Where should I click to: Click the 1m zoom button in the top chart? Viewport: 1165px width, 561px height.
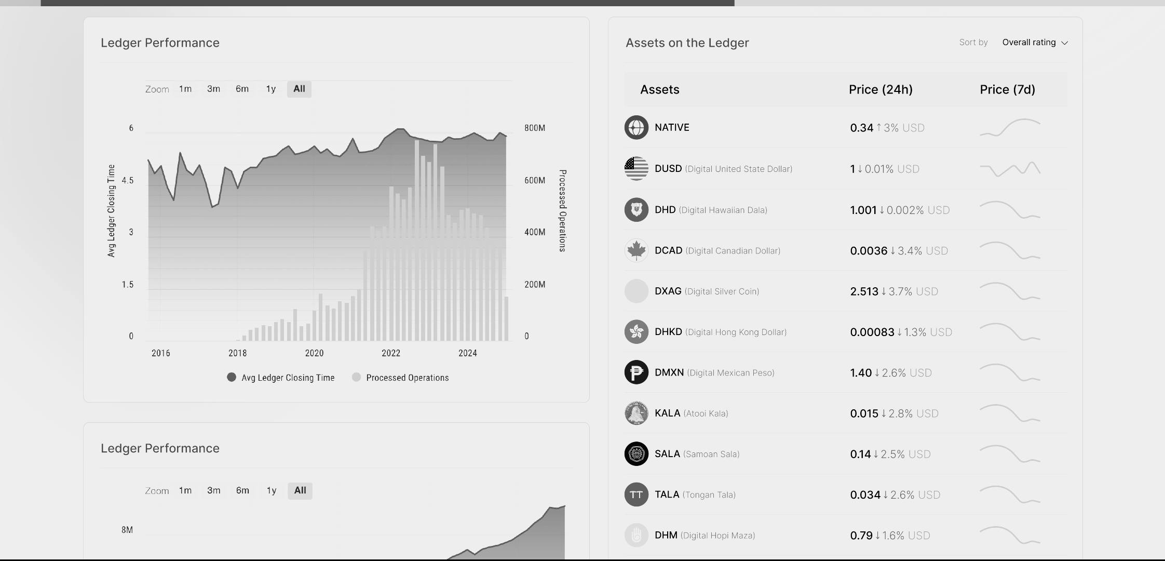pos(185,89)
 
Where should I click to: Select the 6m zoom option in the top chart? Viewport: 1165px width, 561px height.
pos(242,89)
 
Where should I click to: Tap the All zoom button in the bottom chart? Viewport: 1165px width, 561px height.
pos(300,490)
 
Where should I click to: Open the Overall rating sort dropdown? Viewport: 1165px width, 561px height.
pos(1034,43)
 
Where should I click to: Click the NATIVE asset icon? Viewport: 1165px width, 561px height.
pos(636,127)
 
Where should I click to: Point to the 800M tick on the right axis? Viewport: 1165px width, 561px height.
pos(534,128)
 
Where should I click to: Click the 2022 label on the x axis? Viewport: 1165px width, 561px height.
pos(391,353)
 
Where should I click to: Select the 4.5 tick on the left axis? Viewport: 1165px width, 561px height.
pos(128,180)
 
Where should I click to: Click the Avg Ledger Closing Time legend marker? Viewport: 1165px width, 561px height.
pos(232,377)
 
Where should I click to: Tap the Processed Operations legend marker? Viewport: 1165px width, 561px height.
pos(356,377)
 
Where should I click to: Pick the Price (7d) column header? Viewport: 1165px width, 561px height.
pos(1007,89)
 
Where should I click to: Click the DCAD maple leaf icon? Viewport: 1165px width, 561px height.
pos(636,250)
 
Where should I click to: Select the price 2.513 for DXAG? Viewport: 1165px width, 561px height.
pos(864,291)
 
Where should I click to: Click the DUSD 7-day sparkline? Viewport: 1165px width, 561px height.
pos(1010,169)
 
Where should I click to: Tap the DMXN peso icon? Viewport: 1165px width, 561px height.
pos(636,372)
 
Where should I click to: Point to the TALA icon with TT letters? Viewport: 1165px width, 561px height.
pos(636,495)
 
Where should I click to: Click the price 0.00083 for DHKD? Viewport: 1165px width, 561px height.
pos(872,332)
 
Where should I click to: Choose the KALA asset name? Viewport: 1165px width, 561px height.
pos(667,413)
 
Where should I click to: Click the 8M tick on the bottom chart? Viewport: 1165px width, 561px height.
pos(127,530)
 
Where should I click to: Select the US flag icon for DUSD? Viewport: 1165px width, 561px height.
pos(636,168)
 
